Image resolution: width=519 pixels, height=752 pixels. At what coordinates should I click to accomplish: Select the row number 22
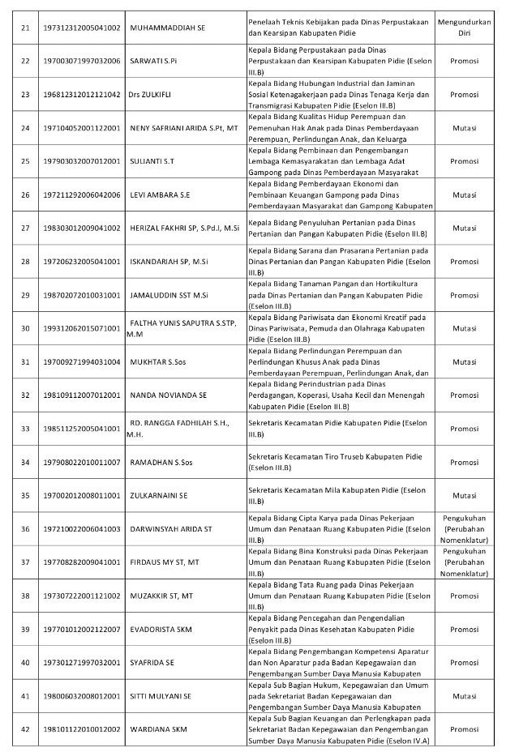tap(25, 61)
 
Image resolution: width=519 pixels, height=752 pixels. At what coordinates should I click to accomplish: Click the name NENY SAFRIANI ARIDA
tap(184, 128)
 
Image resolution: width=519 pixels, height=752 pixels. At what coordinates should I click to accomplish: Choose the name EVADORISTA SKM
tap(165, 629)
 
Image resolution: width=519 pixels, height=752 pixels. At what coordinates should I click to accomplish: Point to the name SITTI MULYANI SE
tap(161, 695)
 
